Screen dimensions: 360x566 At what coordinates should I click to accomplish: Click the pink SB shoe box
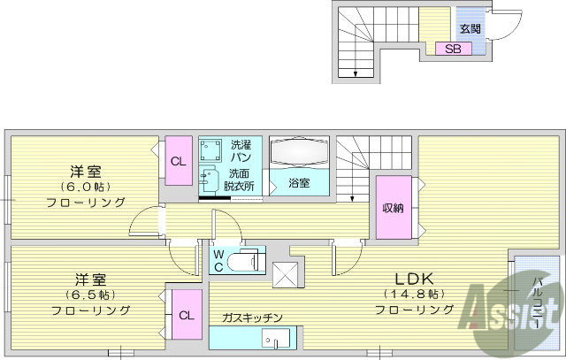(x=453, y=49)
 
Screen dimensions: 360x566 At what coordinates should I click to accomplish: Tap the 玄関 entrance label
(x=470, y=28)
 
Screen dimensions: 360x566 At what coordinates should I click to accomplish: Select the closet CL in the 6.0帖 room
(x=178, y=161)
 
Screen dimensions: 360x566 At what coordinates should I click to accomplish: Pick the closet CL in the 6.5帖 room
(x=185, y=315)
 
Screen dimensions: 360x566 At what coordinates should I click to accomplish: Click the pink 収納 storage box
(x=393, y=209)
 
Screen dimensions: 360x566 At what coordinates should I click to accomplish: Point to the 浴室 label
(x=300, y=183)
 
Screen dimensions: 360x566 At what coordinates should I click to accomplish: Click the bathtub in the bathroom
(x=299, y=154)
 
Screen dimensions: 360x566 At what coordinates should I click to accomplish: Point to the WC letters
(x=218, y=261)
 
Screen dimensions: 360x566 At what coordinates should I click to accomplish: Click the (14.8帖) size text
(x=413, y=294)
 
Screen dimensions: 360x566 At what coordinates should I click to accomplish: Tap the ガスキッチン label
(x=252, y=318)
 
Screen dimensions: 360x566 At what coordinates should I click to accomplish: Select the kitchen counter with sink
(x=256, y=339)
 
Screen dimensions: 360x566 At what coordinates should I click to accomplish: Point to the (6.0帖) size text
(x=86, y=187)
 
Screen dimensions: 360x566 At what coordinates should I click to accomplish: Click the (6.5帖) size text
(x=86, y=294)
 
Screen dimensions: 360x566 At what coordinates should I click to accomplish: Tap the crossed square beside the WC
(x=287, y=276)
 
